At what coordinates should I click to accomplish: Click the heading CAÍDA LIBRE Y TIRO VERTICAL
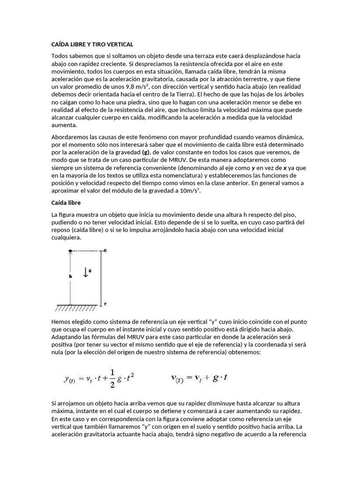[92, 44]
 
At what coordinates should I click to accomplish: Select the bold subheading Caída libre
[66, 202]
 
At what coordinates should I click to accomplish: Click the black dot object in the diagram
[70, 251]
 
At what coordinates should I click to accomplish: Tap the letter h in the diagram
[70, 277]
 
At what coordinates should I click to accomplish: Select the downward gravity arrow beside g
[85, 272]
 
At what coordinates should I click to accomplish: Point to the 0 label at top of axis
[105, 251]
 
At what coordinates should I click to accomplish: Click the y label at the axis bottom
[105, 304]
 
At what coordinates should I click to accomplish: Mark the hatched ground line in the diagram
[75, 308]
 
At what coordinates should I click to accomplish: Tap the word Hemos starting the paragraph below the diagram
[61, 322]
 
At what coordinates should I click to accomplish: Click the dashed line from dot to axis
[87, 251]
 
